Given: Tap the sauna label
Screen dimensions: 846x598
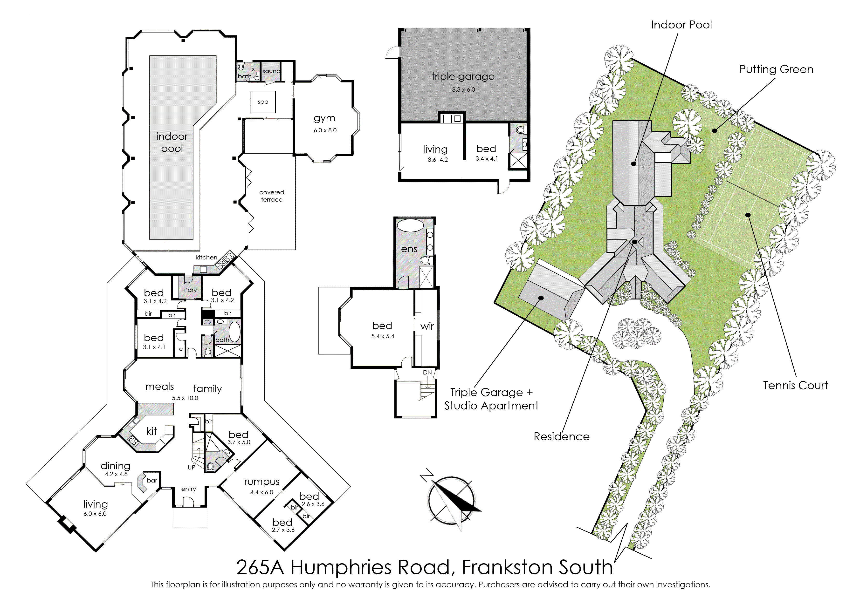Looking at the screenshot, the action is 272,71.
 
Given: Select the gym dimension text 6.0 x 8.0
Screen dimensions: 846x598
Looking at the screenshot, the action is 325,130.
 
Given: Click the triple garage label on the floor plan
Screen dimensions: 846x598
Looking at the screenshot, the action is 463,77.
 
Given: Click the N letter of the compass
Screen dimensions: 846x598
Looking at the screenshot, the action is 427,475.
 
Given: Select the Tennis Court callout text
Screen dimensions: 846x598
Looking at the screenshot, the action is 795,386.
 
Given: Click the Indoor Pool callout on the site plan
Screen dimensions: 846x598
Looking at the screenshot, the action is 681,25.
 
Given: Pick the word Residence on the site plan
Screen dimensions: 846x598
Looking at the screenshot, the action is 562,436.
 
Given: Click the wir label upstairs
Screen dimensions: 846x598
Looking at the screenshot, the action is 427,326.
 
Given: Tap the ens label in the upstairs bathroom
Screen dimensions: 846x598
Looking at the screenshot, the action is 409,249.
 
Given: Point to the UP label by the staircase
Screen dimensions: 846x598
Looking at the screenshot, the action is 192,467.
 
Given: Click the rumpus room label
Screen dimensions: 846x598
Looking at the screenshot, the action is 261,482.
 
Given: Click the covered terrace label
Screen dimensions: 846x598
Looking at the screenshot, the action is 272,196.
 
